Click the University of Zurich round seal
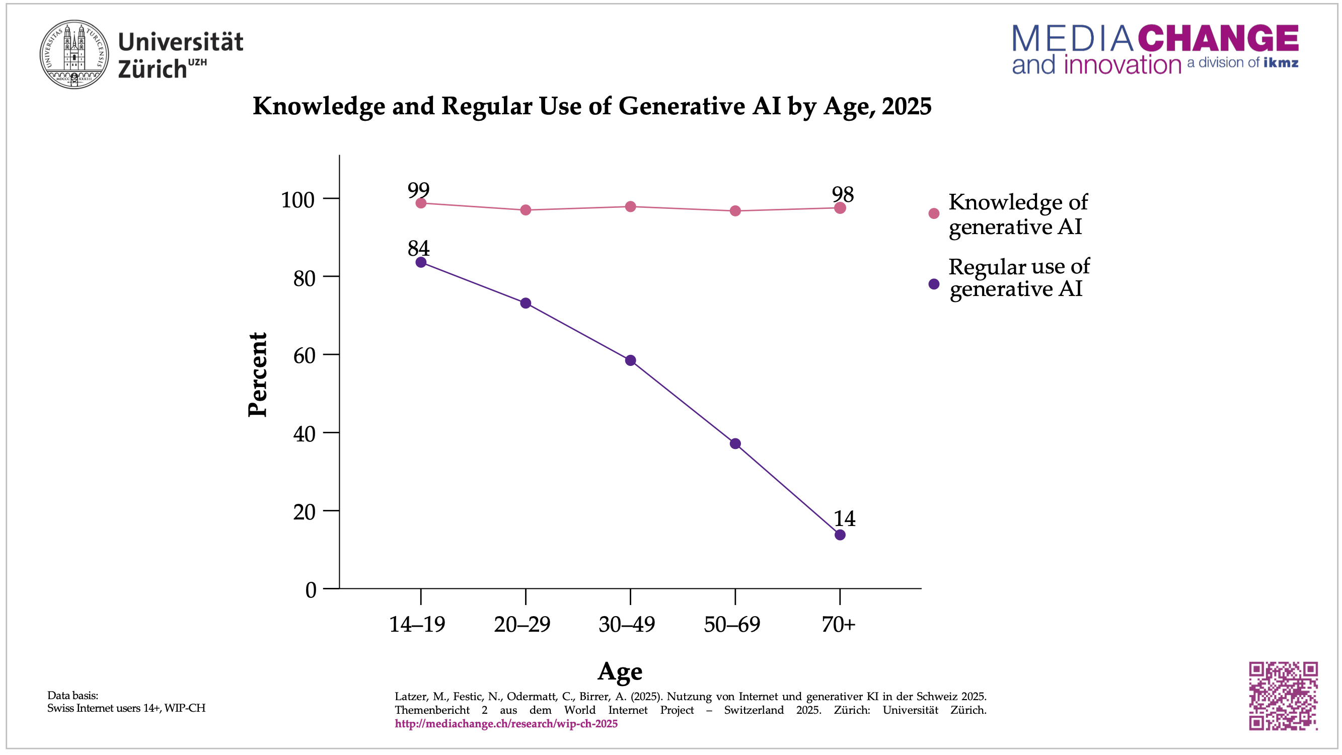point(74,54)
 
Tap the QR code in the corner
point(1283,696)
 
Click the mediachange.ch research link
point(506,724)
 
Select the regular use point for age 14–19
point(421,262)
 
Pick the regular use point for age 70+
point(840,535)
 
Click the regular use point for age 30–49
point(630,360)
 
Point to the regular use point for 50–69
point(735,444)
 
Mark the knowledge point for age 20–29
point(526,210)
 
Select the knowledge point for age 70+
point(840,208)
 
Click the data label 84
point(418,248)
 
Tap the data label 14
point(845,518)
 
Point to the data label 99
point(418,190)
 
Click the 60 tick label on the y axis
point(304,356)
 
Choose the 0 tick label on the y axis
point(311,590)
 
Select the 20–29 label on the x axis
point(522,624)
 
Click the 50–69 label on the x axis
point(732,624)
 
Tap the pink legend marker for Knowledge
point(934,213)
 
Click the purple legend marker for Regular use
point(934,284)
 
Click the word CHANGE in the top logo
point(1218,39)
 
